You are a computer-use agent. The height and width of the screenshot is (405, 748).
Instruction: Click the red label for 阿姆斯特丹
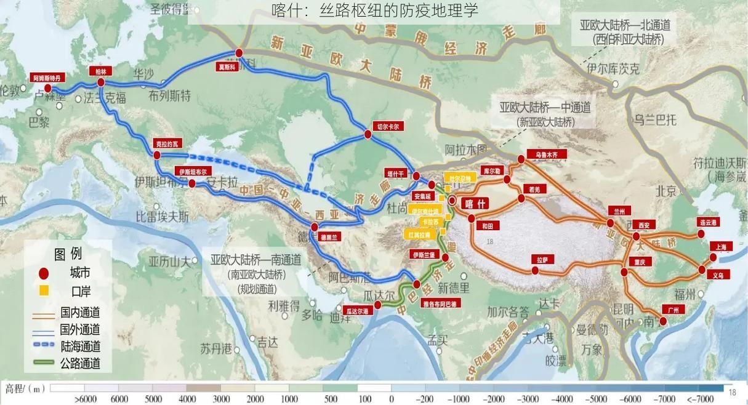coord(47,78)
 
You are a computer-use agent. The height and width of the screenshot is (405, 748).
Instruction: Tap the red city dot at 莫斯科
coord(239,53)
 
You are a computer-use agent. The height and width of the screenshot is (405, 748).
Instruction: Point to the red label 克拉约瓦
coord(169,143)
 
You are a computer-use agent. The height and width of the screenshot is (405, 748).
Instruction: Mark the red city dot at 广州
coord(663,321)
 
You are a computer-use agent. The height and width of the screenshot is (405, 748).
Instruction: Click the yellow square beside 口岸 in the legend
coord(43,290)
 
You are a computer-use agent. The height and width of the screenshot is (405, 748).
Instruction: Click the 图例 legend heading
coord(68,254)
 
